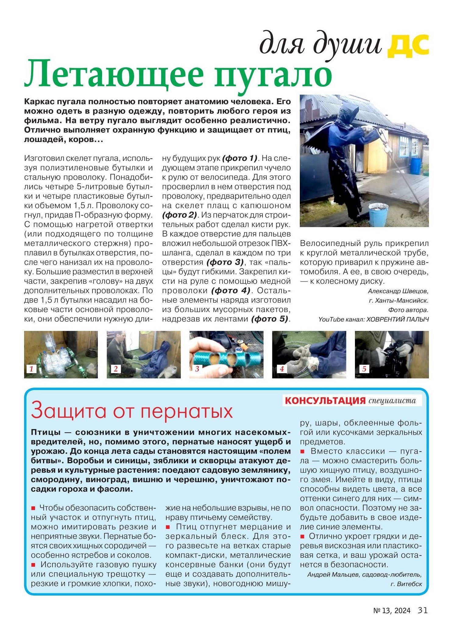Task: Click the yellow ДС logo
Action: [408, 46]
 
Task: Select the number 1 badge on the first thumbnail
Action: [31, 369]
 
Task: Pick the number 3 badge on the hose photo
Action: [197, 369]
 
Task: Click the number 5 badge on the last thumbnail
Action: [364, 369]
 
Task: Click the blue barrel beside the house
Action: [416, 166]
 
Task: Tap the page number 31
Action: [423, 610]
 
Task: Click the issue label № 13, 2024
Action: [392, 611]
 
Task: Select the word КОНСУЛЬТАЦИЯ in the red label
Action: [325, 401]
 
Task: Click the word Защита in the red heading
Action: [69, 411]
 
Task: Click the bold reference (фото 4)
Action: [231, 290]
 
